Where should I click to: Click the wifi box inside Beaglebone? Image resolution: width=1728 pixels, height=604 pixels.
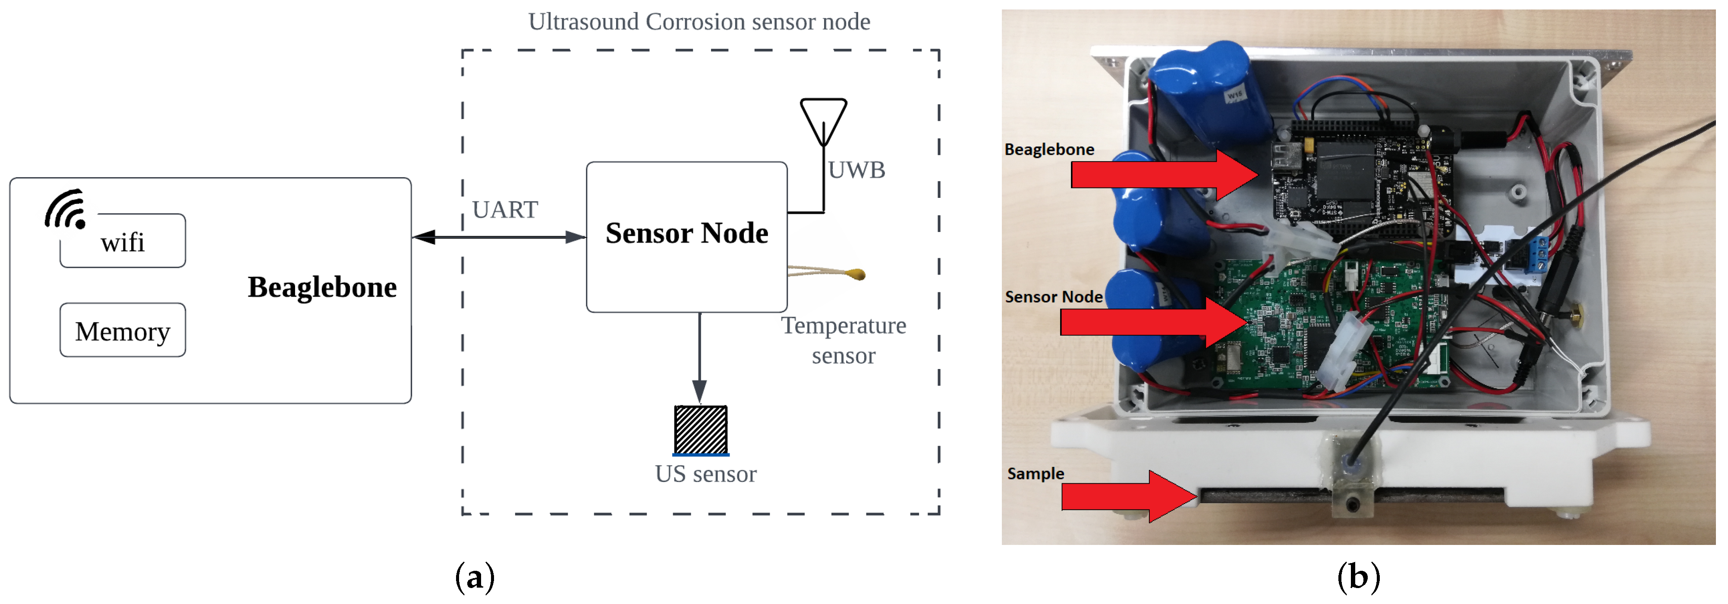123,241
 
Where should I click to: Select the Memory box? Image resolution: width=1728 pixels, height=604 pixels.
123,331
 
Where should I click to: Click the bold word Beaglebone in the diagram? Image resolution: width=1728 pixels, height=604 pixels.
322,287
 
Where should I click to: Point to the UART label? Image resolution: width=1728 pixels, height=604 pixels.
504,210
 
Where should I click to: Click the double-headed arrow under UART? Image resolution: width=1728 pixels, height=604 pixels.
499,237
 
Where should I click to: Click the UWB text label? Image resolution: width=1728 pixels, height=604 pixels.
856,170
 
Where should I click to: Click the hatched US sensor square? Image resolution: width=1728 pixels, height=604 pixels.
700,430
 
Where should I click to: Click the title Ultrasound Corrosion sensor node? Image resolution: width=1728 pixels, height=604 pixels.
699,22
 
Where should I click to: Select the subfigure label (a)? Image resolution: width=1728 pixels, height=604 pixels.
475,576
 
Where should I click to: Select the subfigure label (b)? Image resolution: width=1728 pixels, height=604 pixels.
1358,576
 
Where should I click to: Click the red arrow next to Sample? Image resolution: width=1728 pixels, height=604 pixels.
1127,496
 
